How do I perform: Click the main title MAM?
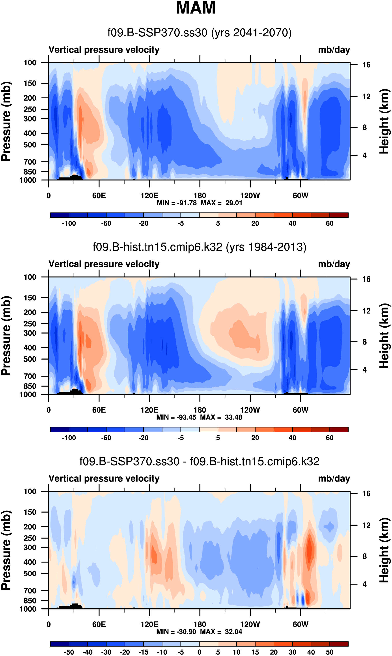196,8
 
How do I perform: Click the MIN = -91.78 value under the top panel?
177,203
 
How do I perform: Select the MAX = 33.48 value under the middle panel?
221,417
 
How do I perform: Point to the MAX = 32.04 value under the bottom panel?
221,632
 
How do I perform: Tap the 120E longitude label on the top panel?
149,196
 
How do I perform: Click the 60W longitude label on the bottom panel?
300,624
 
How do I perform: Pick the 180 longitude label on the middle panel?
200,410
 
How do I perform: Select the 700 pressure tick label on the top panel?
30,162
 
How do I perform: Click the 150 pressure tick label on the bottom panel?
30,512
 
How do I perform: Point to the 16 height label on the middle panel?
366,279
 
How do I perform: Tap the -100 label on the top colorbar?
69,223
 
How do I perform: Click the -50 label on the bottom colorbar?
69,652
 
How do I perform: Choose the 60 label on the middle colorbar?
329,438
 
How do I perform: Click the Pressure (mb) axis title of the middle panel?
6,335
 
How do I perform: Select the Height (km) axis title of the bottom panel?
385,550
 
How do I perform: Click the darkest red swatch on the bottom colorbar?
339,644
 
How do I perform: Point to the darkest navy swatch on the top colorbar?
60,215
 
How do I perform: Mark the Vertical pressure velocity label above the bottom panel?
104,478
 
